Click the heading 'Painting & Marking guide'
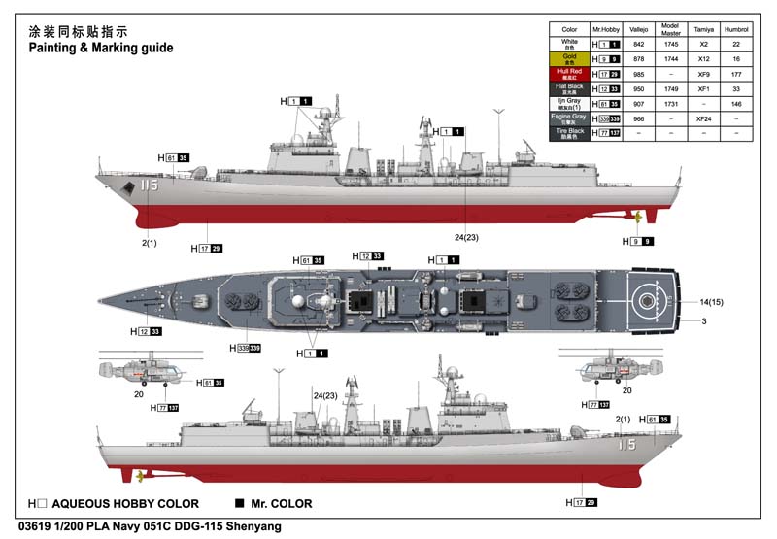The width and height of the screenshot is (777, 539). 100,47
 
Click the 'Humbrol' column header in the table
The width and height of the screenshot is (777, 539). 737,30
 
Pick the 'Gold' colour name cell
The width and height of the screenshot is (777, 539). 569,58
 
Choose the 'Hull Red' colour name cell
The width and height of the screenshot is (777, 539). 569,74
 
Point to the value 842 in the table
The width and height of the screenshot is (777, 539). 639,44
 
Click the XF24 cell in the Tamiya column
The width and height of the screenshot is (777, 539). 704,118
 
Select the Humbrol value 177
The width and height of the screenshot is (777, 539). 737,74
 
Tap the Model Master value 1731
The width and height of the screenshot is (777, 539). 670,103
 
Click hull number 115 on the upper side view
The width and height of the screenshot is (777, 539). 149,185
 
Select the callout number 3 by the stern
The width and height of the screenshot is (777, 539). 703,321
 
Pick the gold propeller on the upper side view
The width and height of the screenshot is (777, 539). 636,216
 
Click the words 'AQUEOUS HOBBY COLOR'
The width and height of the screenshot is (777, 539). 125,504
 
